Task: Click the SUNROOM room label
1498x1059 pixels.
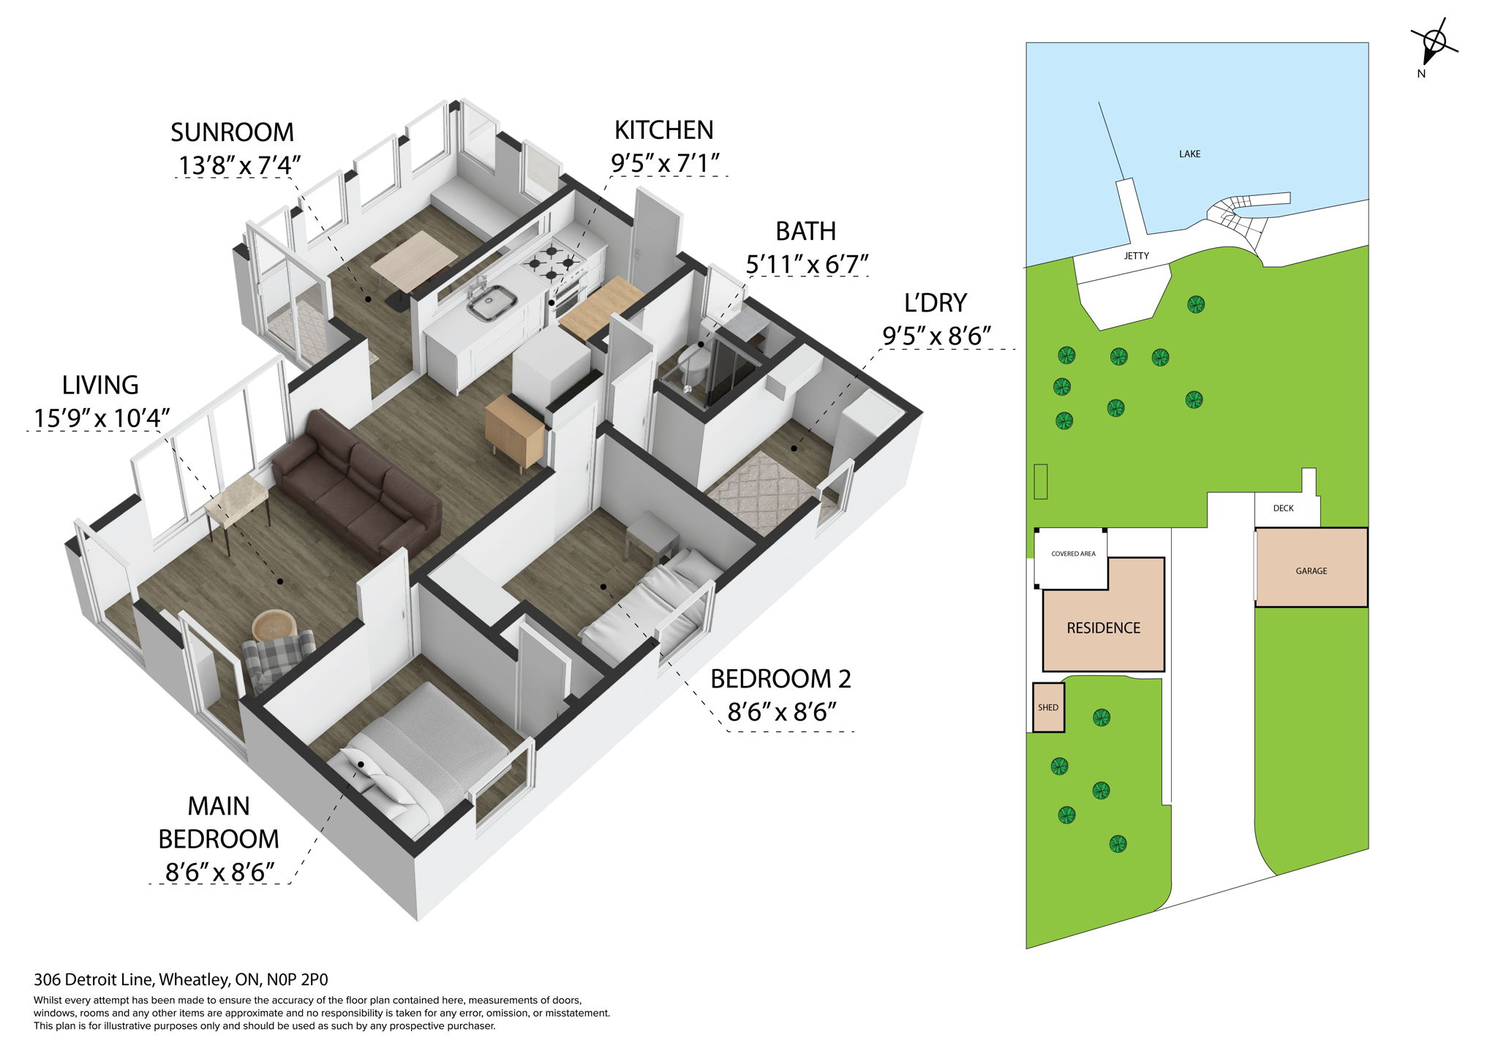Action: tap(232, 132)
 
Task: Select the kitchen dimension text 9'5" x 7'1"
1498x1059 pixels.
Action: tap(665, 163)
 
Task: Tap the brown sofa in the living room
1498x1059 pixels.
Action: tap(356, 486)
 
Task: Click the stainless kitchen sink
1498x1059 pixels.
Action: tap(492, 302)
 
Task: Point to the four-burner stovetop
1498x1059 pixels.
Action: tap(553, 263)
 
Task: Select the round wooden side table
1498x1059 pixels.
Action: tap(274, 625)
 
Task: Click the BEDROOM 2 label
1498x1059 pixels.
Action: tap(780, 679)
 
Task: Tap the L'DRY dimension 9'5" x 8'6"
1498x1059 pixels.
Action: tap(936, 336)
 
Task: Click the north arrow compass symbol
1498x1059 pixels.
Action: tap(1434, 46)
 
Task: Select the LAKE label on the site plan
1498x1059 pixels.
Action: tap(1189, 154)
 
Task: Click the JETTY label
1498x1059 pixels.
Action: tap(1136, 256)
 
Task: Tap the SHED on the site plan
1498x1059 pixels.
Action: tap(1048, 707)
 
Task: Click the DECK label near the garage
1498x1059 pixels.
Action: tap(1283, 508)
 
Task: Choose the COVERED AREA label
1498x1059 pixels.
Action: tap(1073, 554)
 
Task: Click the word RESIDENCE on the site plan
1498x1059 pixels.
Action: tap(1103, 628)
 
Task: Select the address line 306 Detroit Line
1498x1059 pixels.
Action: tap(181, 979)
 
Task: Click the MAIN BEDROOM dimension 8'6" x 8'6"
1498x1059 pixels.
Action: tap(219, 872)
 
